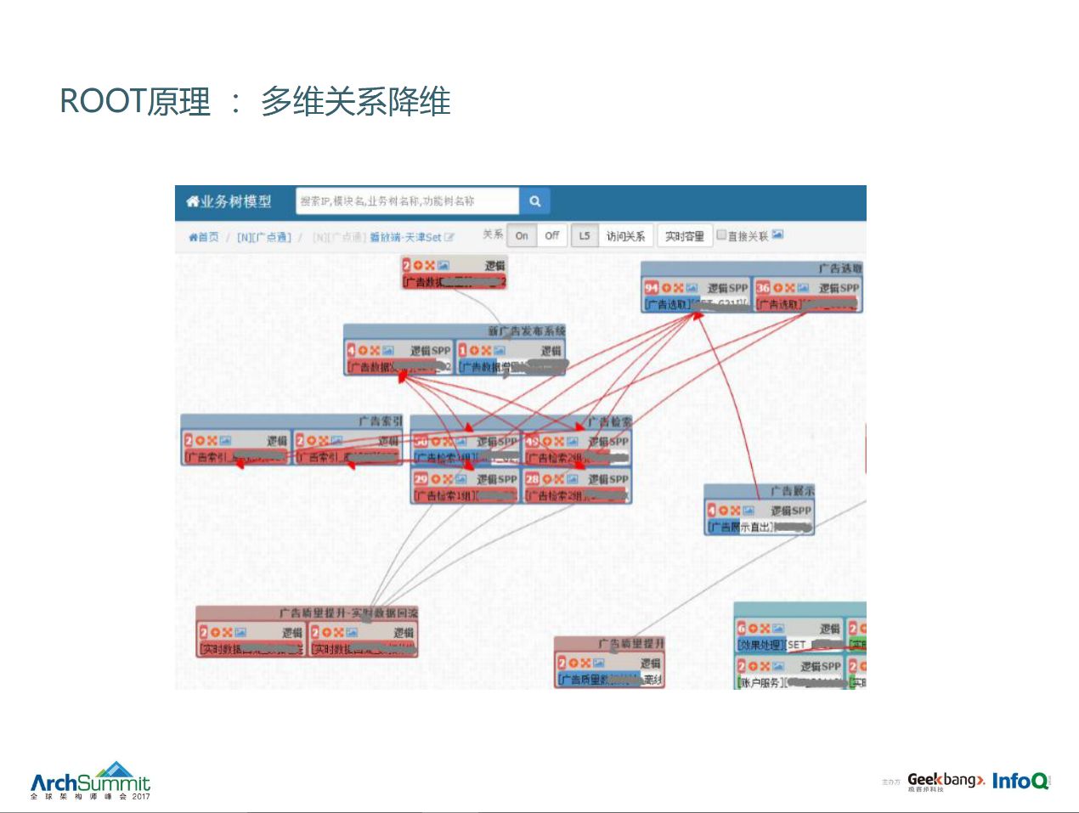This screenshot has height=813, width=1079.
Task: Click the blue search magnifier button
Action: click(534, 201)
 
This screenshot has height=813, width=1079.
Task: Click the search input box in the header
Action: click(407, 201)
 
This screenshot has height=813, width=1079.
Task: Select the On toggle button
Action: click(522, 236)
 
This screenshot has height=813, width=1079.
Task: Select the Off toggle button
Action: click(552, 236)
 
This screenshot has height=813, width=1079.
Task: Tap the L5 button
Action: click(585, 236)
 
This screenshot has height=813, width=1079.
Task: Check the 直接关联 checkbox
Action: click(721, 235)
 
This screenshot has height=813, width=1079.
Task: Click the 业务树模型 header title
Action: click(229, 201)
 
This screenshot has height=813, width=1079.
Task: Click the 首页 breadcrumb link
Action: click(204, 237)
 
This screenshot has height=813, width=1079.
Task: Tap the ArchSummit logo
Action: click(90, 781)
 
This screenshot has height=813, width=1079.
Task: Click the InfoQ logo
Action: click(1020, 780)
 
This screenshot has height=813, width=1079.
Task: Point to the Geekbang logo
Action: click(945, 780)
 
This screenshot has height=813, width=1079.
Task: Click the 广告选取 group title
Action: click(839, 268)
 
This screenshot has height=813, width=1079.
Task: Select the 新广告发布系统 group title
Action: click(526, 331)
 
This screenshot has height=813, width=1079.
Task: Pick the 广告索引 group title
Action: click(381, 421)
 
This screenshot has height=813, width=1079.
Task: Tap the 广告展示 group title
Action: click(792, 491)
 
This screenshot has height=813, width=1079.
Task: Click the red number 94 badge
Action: click(652, 288)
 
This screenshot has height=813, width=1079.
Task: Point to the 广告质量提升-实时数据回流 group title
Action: click(348, 613)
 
